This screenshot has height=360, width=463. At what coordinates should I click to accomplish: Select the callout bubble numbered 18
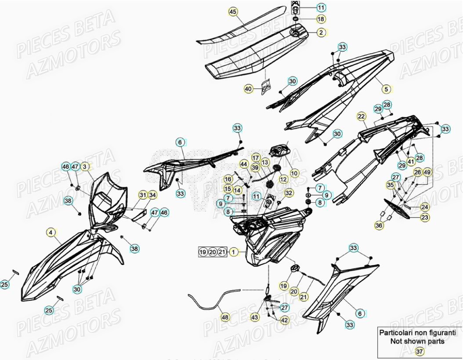click(321, 19)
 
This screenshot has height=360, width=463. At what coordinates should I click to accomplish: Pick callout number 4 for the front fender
click(51, 232)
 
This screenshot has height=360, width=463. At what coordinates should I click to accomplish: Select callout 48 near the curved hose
click(225, 316)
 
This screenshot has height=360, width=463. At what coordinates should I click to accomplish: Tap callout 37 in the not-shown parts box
click(419, 351)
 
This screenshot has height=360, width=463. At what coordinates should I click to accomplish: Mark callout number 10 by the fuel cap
click(294, 173)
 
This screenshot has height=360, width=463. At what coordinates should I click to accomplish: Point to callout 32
click(288, 193)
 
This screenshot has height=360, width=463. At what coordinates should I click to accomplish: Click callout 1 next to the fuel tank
click(234, 252)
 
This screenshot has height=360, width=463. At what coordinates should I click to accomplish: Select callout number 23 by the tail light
click(425, 217)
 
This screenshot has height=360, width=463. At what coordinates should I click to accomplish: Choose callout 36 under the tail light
click(379, 225)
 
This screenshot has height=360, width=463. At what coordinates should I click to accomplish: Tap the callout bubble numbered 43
click(255, 316)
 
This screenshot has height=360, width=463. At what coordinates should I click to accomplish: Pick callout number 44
click(244, 164)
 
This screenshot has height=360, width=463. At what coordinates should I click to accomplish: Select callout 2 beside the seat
click(321, 32)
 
